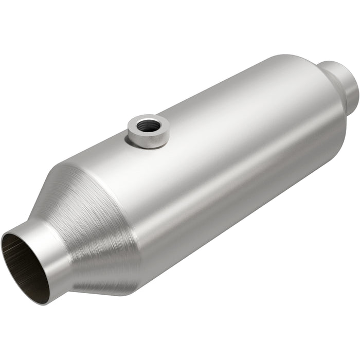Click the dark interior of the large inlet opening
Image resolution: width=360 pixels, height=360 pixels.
point(26,265)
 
